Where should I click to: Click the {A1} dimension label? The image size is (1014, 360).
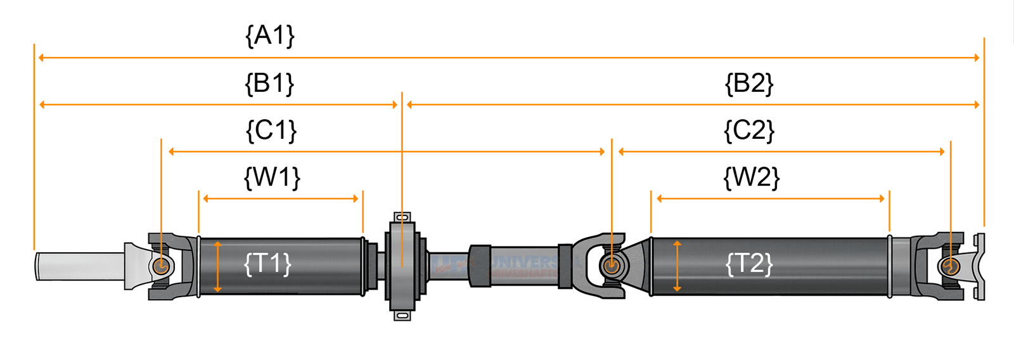point(270,35)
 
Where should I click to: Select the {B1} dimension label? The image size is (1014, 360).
point(270,83)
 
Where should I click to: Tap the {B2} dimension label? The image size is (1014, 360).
point(749,83)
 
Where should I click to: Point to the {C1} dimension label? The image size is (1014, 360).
point(271,131)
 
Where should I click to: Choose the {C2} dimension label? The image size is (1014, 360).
point(749,131)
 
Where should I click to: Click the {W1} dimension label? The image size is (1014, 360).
point(272,177)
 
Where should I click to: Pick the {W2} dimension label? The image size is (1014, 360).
point(751,177)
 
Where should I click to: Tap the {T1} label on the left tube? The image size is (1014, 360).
point(267,263)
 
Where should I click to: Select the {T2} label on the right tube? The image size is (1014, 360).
point(749,263)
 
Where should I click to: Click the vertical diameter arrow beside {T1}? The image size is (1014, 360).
point(217,266)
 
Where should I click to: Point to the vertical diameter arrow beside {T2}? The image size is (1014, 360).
point(677,266)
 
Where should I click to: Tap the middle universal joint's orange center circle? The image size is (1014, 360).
point(611,266)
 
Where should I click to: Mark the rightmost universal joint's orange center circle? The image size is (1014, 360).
point(949,266)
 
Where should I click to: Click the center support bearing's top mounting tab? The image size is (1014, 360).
point(402,217)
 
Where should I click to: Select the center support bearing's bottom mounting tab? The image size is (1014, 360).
point(402,314)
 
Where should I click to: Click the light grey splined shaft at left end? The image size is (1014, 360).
point(79,266)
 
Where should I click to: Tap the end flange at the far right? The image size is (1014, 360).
point(980,266)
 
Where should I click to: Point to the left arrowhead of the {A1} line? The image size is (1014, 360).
point(42,58)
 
